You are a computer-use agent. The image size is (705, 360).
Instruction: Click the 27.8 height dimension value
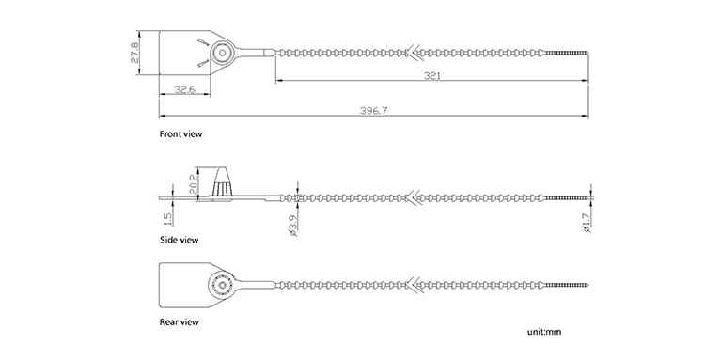pyautogui.click(x=135, y=52)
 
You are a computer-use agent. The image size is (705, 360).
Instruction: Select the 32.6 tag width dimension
pyautogui.click(x=184, y=90)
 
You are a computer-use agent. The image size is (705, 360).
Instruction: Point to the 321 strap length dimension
pyautogui.click(x=431, y=76)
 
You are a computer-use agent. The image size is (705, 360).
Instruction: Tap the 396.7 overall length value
pyautogui.click(x=373, y=111)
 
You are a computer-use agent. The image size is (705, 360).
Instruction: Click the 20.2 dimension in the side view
pyautogui.click(x=193, y=184)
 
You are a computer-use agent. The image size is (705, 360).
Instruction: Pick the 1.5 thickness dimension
pyautogui.click(x=167, y=219)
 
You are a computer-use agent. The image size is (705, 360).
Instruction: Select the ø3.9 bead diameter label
pyautogui.click(x=294, y=227)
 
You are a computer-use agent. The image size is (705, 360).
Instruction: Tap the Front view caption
pyautogui.click(x=180, y=133)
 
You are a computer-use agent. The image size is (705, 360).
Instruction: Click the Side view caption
pyautogui.click(x=179, y=240)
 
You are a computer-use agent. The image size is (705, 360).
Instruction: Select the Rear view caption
pyautogui.click(x=179, y=321)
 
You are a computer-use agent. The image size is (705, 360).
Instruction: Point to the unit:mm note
pyautogui.click(x=544, y=332)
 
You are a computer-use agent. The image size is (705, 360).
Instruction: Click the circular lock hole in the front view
pyautogui.click(x=221, y=53)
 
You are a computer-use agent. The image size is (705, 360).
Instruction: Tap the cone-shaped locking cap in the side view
pyautogui.click(x=222, y=181)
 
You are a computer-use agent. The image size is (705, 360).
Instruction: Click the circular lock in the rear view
pyautogui.click(x=221, y=285)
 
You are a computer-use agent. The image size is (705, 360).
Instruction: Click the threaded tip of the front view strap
pyautogui.click(x=567, y=53)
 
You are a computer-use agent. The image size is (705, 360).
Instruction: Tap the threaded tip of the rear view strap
pyautogui.click(x=567, y=285)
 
